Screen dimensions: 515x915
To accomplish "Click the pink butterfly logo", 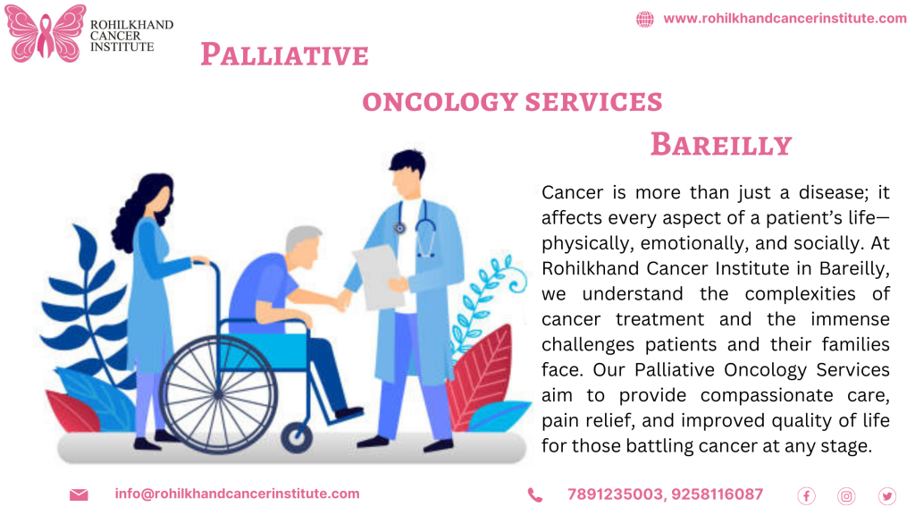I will (46, 33).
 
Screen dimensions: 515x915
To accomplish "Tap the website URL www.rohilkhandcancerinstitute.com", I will (785, 19).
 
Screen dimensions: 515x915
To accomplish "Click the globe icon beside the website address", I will (644, 19).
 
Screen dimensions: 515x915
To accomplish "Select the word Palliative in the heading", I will (284, 55).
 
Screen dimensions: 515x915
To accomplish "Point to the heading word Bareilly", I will (720, 144).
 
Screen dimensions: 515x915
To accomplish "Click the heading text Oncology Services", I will (512, 102).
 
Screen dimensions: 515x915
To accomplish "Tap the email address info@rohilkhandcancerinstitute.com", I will (237, 494).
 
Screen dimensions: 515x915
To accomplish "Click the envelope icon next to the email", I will (79, 494).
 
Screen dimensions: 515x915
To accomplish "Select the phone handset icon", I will (534, 494).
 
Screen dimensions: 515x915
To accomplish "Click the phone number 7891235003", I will (615, 494).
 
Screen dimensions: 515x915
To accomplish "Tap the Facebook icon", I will (806, 495).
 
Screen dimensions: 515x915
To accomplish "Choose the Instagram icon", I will (846, 495).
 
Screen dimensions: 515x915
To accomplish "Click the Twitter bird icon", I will (886, 495).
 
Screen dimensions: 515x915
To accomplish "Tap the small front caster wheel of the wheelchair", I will (297, 437).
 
